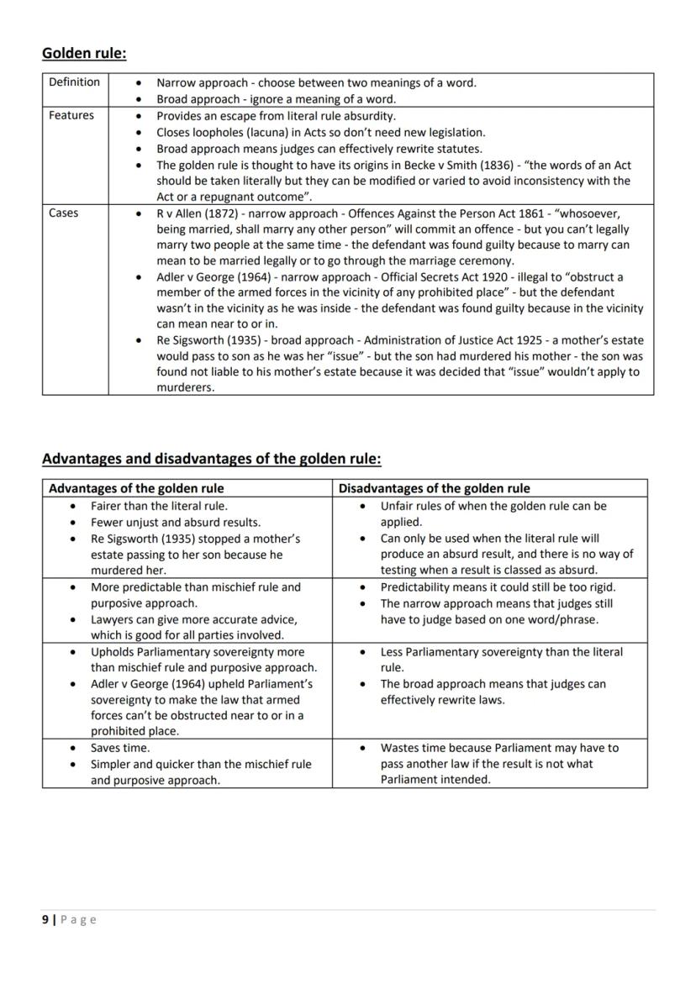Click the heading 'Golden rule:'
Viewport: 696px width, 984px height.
coord(84,54)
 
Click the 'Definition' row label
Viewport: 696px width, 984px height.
coord(74,82)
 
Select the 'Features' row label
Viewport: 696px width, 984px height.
coord(71,115)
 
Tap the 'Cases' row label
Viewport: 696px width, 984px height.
coord(64,213)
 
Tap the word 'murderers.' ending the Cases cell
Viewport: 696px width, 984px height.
coord(186,388)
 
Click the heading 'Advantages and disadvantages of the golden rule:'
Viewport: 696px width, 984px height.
coord(212,459)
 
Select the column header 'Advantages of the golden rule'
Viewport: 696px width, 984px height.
coord(136,488)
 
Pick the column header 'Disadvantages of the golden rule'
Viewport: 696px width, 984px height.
coord(434,488)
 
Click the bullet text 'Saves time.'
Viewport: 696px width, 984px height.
coord(120,748)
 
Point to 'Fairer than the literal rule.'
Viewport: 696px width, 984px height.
coord(159,506)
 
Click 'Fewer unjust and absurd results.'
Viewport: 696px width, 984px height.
coord(175,523)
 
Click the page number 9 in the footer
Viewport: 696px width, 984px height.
coord(45,920)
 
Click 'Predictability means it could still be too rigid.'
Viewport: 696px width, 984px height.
coord(498,587)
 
